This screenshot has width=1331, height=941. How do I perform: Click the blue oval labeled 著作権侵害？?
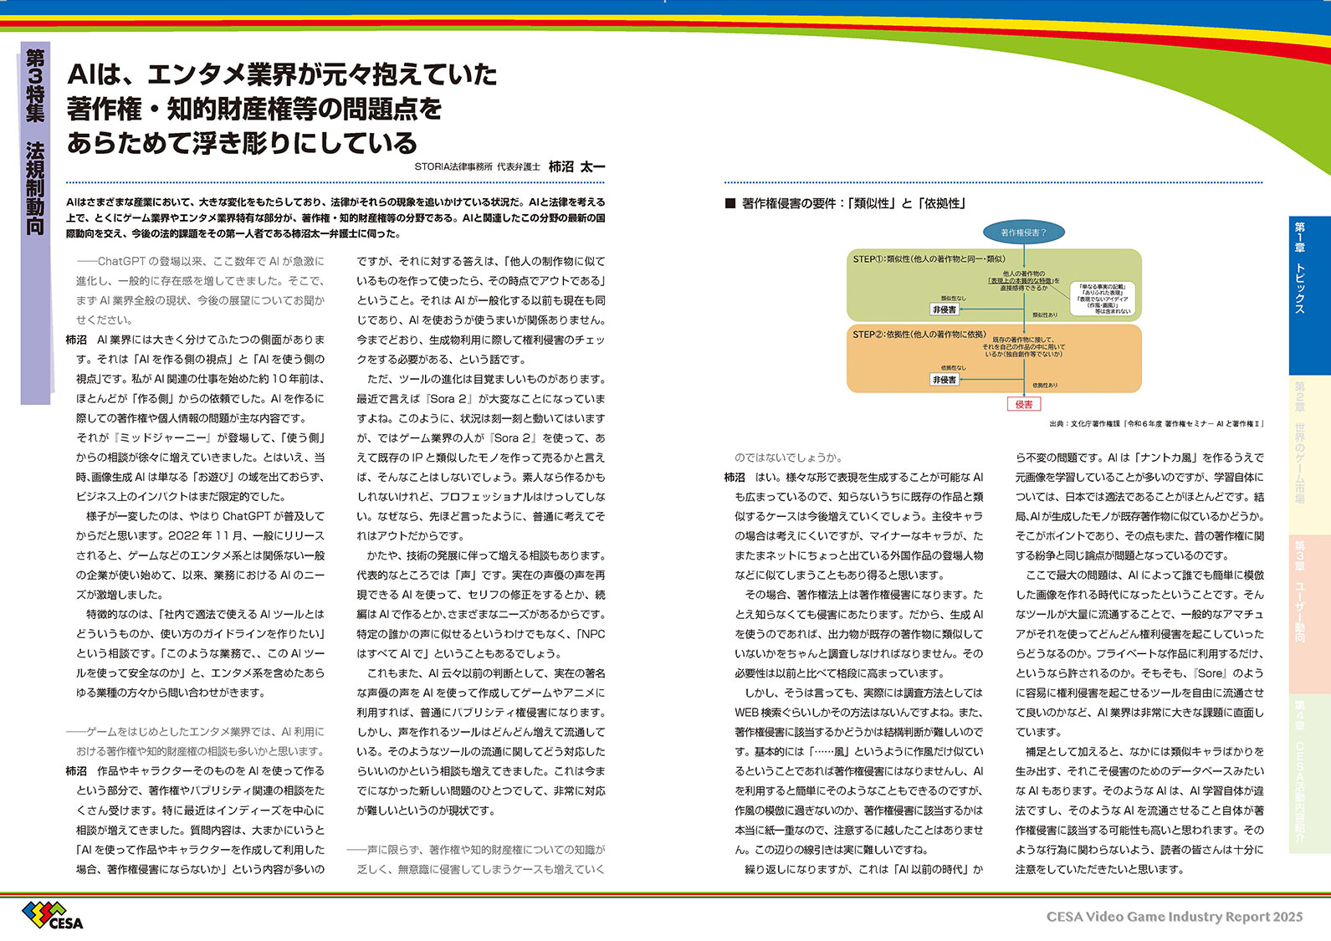1023,233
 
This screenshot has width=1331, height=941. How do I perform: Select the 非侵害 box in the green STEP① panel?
944,309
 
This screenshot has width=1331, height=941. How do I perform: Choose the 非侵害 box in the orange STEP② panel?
944,380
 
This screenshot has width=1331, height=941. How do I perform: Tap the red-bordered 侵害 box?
1024,404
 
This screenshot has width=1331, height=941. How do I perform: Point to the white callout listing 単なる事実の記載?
1102,299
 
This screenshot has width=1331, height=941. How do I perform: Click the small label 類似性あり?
1045,315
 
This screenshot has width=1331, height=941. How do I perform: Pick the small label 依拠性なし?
953,368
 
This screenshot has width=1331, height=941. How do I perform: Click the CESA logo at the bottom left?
53,916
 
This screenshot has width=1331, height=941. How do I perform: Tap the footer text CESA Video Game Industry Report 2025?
1175,917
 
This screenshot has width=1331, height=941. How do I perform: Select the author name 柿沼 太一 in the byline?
576,167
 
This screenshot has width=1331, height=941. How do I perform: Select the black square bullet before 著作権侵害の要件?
730,203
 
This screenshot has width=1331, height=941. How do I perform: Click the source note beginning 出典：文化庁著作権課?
1155,424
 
